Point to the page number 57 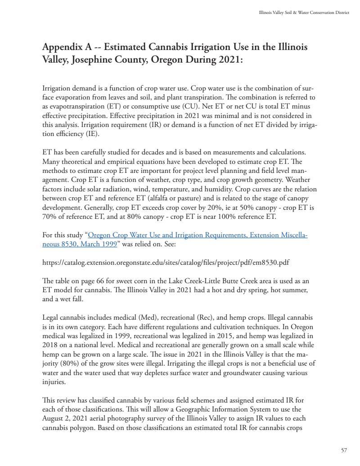344,450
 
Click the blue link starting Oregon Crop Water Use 198,235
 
